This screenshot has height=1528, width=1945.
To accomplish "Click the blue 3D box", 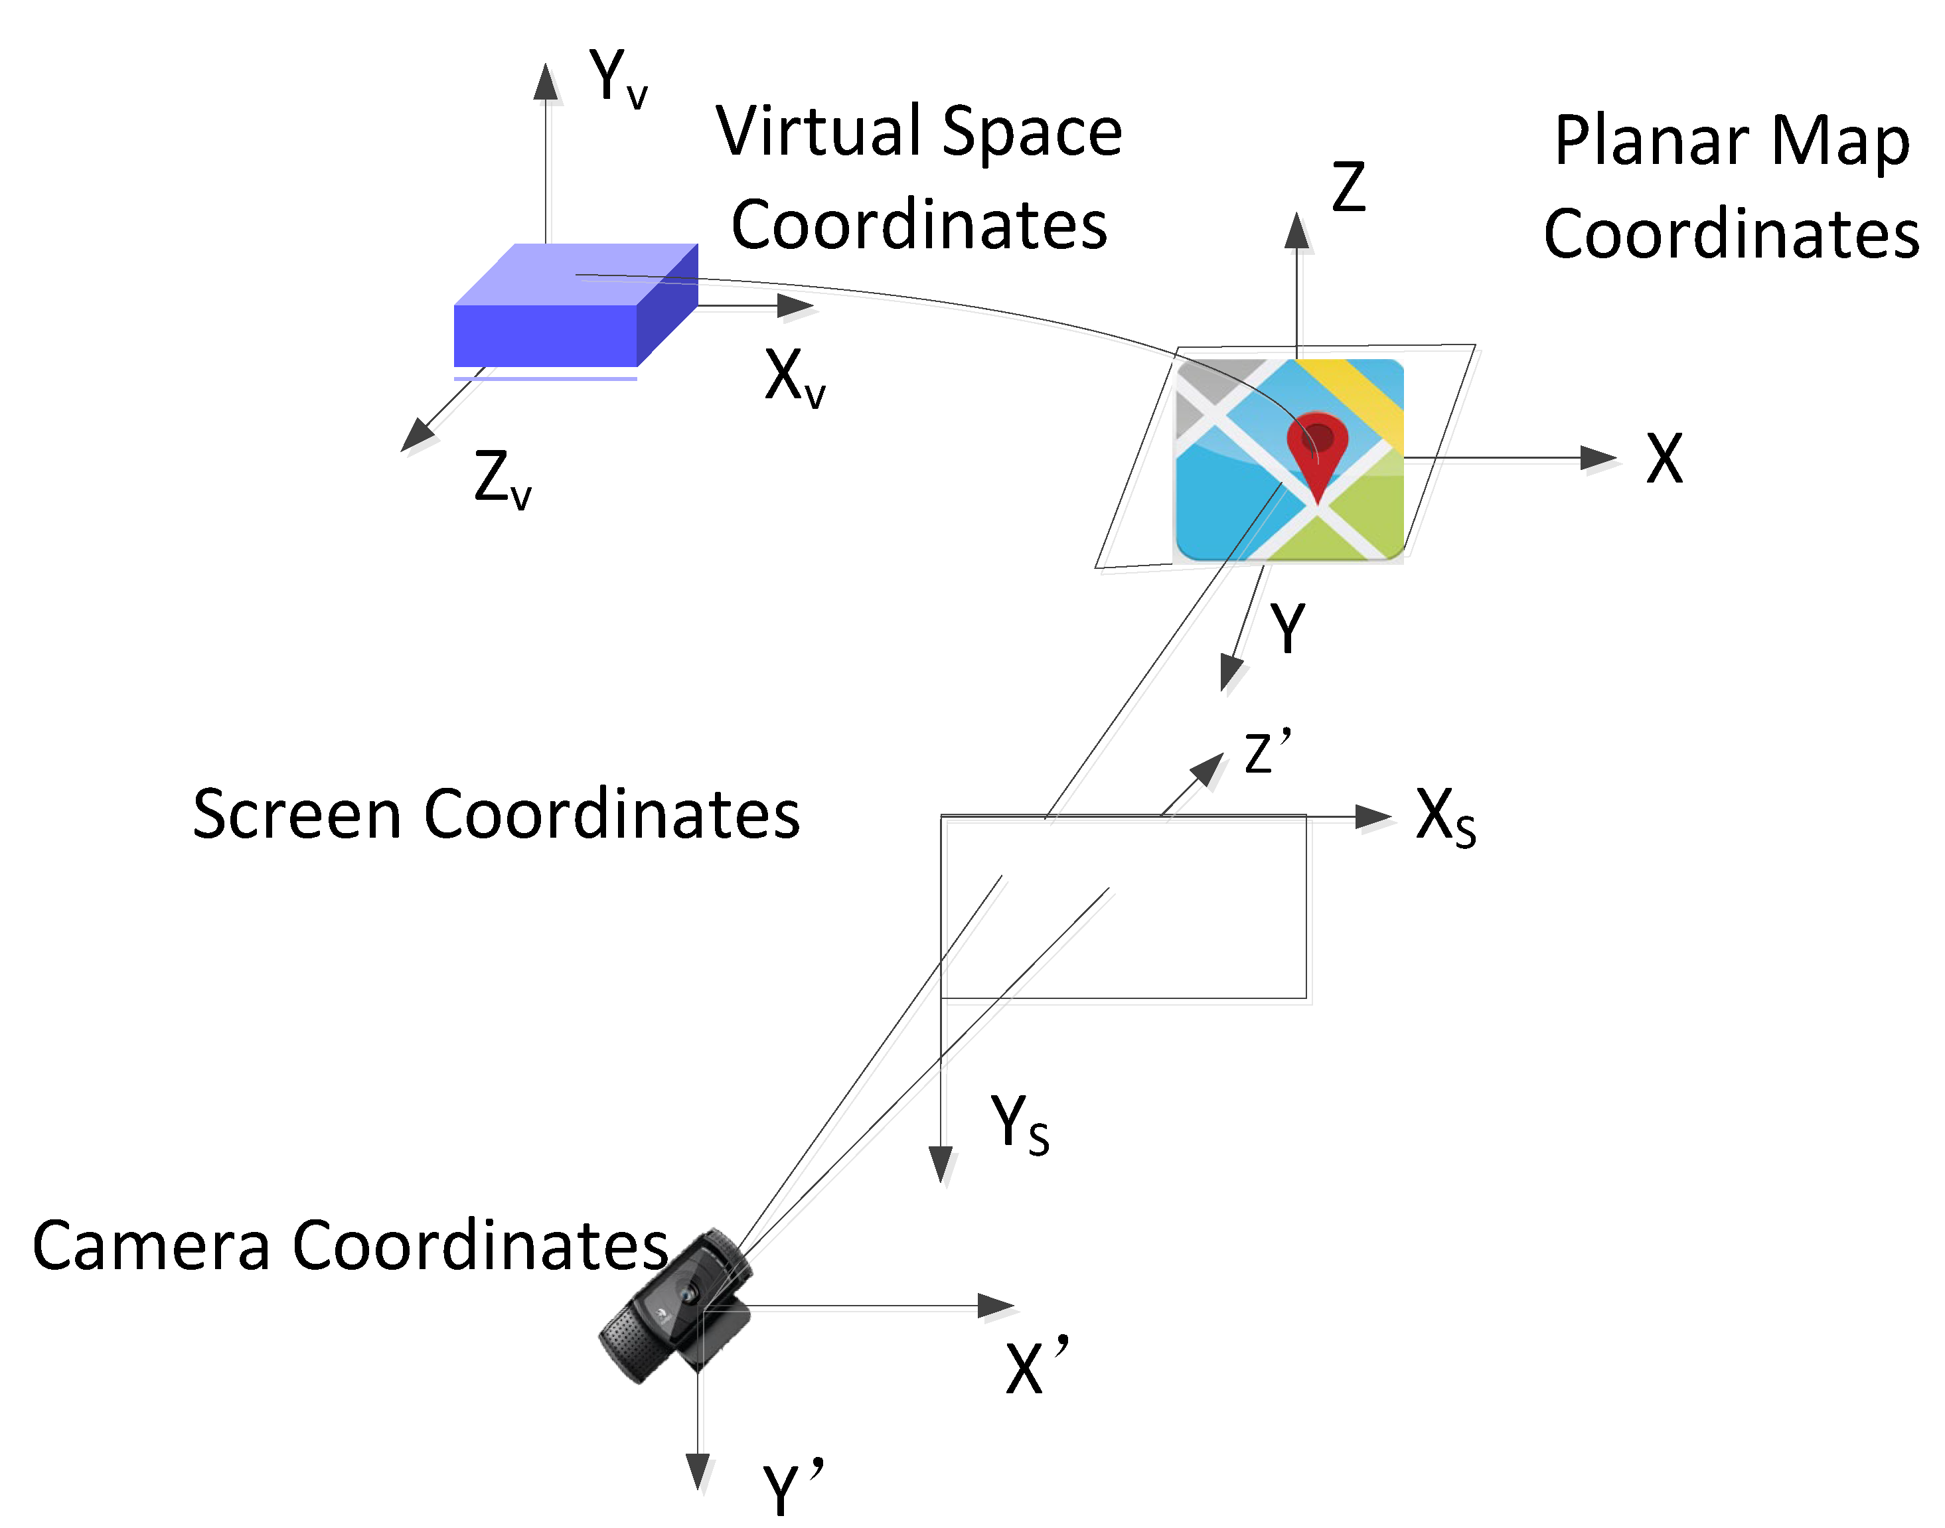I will (x=573, y=309).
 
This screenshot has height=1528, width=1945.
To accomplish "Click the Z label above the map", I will (x=1348, y=187).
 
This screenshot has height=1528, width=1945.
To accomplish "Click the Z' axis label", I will (x=1267, y=751).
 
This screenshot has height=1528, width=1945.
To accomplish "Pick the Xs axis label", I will (x=1444, y=817).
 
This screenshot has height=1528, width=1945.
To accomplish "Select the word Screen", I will (x=296, y=815).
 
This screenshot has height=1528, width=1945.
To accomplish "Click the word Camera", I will (x=150, y=1246).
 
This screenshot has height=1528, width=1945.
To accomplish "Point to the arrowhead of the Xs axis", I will (x=1374, y=817).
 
